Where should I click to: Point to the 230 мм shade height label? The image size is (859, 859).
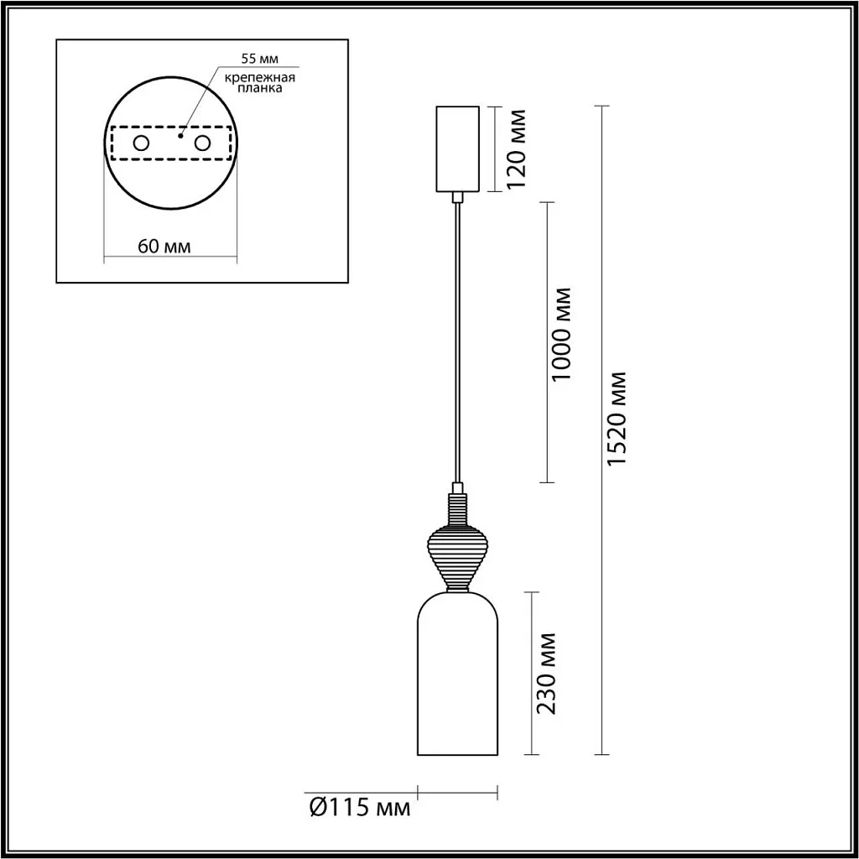546,673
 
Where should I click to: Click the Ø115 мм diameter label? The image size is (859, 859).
360,809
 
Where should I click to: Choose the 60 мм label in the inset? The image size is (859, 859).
164,247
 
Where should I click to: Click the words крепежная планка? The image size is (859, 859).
260,84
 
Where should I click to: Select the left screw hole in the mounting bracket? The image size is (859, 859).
141,143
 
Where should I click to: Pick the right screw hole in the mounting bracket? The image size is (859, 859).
201,143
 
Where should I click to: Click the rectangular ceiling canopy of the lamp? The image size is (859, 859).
458,148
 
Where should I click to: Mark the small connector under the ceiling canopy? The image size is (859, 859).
458,198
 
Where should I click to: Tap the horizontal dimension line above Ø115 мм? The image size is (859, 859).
458,789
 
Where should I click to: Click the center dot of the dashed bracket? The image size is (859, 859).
180,132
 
